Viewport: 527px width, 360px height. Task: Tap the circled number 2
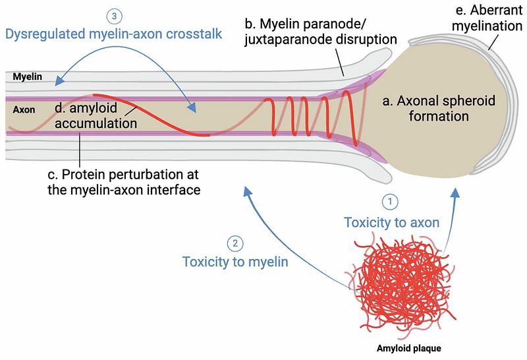click(x=235, y=243)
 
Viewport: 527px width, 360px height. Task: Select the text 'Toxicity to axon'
click(x=391, y=222)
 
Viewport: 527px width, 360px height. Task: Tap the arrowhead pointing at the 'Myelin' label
click(x=58, y=82)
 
